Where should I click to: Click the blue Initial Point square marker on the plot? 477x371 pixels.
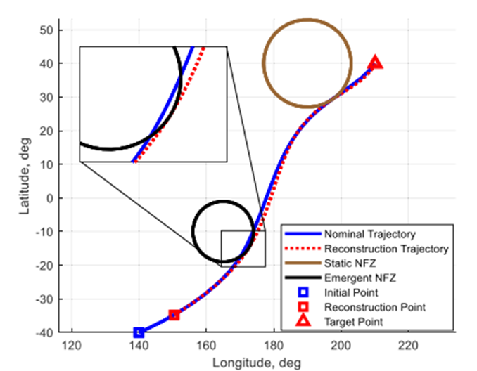tap(139, 332)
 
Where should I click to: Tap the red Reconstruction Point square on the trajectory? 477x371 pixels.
tap(174, 315)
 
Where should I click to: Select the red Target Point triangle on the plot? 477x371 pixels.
tap(375, 63)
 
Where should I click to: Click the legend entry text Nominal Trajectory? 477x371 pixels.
tap(369, 234)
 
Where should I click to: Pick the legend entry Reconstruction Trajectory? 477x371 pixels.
tap(386, 249)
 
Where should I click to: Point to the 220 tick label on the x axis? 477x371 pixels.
tap(409, 345)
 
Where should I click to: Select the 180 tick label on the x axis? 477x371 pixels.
tap(274, 345)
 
